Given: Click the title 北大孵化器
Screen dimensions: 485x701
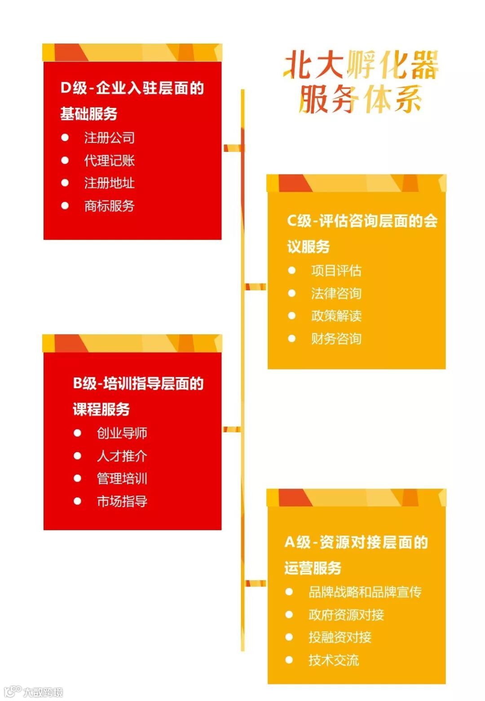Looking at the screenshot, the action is pyautogui.click(x=361, y=65).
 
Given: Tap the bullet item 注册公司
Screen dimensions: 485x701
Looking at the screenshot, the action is pyautogui.click(x=109, y=138).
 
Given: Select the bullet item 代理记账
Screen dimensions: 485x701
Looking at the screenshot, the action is pyautogui.click(x=109, y=160).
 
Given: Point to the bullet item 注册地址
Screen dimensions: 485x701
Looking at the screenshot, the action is pyautogui.click(x=109, y=183).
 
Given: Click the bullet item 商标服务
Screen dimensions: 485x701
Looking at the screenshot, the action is pyautogui.click(x=109, y=206).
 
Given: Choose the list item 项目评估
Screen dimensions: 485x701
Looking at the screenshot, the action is pyautogui.click(x=336, y=271).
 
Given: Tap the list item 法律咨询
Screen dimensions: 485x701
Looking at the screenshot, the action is pyautogui.click(x=336, y=293).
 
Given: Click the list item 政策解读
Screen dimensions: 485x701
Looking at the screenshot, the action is pyautogui.click(x=336, y=316).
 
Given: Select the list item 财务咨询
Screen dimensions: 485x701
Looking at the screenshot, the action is pyautogui.click(x=336, y=339).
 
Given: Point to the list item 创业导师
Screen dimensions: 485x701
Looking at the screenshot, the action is pyautogui.click(x=122, y=433).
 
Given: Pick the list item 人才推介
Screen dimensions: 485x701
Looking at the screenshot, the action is pyautogui.click(x=122, y=456).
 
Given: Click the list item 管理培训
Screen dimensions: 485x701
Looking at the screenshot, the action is pyautogui.click(x=122, y=479).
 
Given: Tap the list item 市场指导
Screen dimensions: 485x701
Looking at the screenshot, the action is pyautogui.click(x=122, y=501).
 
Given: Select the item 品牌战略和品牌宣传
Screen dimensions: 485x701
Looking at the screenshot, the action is pyautogui.click(x=365, y=592).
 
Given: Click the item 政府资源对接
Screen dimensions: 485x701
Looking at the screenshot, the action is pyautogui.click(x=346, y=615).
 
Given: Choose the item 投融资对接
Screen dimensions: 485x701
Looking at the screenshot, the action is pyautogui.click(x=339, y=637).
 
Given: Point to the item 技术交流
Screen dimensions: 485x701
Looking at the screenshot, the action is pyautogui.click(x=333, y=660).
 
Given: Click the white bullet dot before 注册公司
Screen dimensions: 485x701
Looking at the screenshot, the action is pyautogui.click(x=65, y=138).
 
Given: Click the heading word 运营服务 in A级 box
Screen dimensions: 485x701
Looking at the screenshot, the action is pyautogui.click(x=313, y=568).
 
